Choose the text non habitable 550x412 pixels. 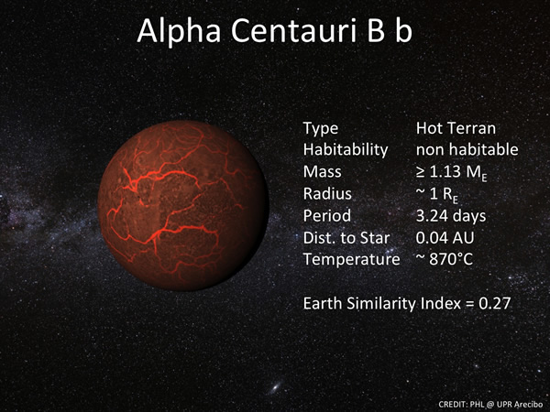click(467, 149)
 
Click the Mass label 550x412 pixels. click(323, 171)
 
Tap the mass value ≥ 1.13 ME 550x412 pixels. click(451, 172)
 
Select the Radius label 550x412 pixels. click(326, 193)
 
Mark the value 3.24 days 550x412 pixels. click(451, 215)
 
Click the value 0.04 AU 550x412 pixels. click(445, 237)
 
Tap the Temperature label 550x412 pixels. click(351, 259)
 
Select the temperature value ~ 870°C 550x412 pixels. click(445, 259)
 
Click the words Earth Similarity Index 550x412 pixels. click(386, 303)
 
